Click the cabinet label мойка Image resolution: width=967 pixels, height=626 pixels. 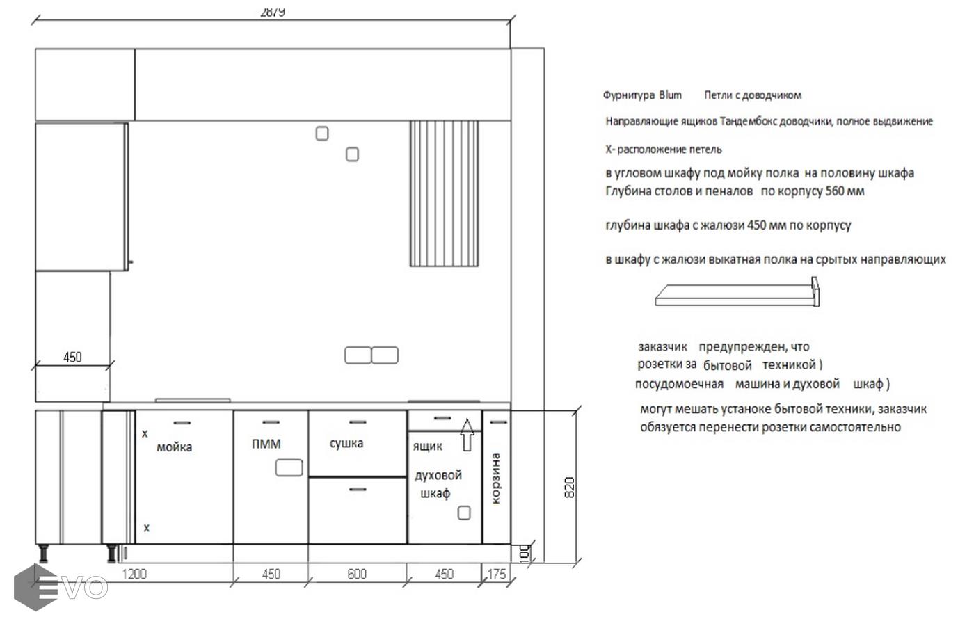175,447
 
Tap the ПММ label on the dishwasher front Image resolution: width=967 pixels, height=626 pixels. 266,444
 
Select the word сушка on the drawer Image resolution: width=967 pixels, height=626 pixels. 346,444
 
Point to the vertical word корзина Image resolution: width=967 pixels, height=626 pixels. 495,479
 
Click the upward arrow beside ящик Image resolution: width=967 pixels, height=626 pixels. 467,435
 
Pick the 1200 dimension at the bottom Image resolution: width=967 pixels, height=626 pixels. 134,575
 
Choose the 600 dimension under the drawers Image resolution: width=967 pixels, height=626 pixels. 357,575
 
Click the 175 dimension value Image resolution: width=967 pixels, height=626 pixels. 497,575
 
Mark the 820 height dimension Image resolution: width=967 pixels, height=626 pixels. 569,488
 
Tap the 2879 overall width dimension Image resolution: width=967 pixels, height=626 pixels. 273,12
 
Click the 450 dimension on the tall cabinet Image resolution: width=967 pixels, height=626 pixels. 72,358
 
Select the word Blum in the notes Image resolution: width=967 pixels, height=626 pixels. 670,95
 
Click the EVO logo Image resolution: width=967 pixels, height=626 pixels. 61,587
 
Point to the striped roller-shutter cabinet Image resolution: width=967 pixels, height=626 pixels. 444,193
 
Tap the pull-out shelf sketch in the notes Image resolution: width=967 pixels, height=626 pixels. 737,293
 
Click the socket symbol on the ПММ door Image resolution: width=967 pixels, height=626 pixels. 289,468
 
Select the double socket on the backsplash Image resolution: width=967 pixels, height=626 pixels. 371,355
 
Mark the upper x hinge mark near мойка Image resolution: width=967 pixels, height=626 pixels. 145,433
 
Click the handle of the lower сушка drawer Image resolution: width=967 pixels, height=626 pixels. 358,490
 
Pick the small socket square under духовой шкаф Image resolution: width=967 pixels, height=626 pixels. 464,513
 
